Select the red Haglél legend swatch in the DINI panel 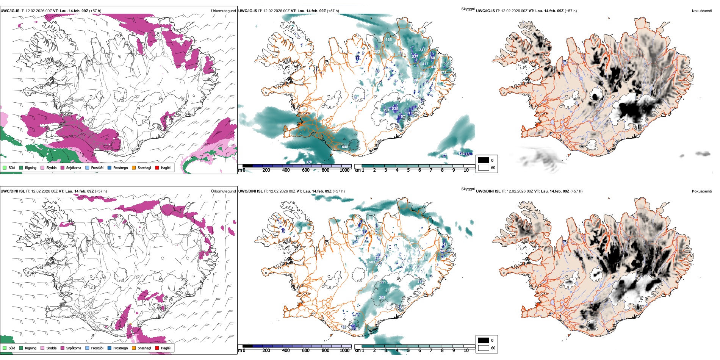(x=157, y=348)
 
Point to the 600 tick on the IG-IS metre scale (x=306, y=170)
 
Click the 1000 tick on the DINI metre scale (x=344, y=351)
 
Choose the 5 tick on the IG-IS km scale (x=408, y=170)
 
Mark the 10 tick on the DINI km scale (x=466, y=351)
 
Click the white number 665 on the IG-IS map (x=388, y=40)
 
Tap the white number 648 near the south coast (x=345, y=147)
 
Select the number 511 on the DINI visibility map (x=383, y=282)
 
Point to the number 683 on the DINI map (x=372, y=262)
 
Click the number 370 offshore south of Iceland (x=309, y=162)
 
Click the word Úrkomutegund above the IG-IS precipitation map (x=223, y=11)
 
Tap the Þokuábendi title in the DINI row (x=702, y=191)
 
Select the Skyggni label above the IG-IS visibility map (x=468, y=9)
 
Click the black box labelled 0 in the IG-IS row (x=484, y=160)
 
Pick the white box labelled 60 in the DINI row (x=484, y=348)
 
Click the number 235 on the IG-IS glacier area (x=395, y=109)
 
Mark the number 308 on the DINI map (x=382, y=298)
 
